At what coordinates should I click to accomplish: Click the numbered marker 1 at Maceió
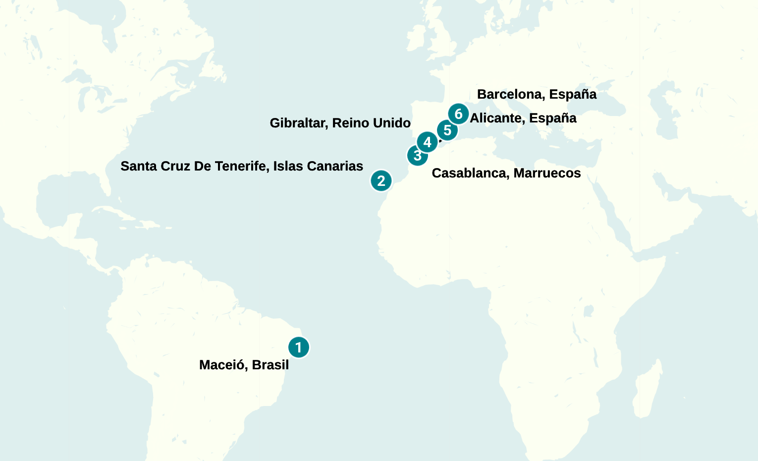[298, 347]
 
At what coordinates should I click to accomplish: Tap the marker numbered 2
[381, 181]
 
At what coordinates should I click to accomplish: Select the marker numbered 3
[417, 156]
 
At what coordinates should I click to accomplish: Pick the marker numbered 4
[427, 142]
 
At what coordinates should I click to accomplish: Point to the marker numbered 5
[447, 130]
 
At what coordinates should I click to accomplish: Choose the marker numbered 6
[458, 114]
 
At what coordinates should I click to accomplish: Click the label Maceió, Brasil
[244, 365]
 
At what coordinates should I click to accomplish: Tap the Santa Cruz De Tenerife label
[242, 166]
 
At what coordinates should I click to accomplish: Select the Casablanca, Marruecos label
[506, 173]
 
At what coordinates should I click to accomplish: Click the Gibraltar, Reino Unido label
[340, 123]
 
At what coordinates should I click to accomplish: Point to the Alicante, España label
[523, 118]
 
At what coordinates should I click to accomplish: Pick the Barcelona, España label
[537, 94]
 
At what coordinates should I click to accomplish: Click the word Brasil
[270, 365]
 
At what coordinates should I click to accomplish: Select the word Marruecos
[547, 173]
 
